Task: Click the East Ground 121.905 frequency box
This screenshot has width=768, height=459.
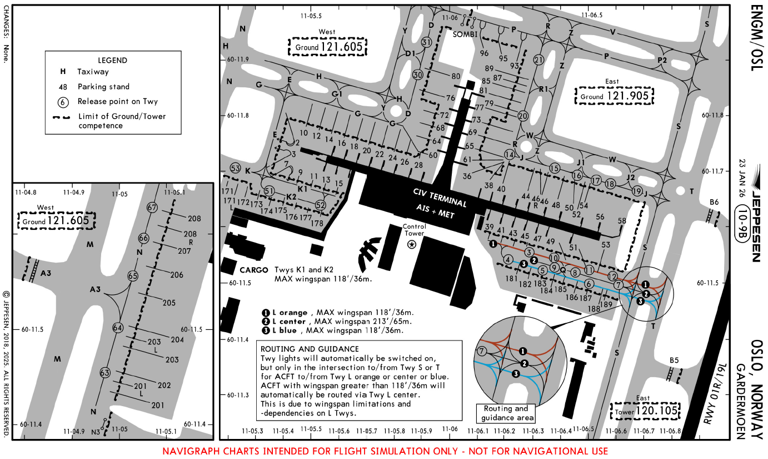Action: click(x=615, y=96)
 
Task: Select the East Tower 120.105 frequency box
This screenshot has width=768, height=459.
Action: click(x=646, y=411)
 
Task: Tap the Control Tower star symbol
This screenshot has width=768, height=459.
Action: click(x=412, y=244)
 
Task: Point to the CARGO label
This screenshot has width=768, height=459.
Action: click(x=254, y=270)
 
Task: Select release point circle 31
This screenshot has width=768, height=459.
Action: click(x=427, y=42)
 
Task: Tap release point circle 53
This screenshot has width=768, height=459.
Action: click(x=236, y=168)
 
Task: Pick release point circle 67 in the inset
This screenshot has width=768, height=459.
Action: click(x=153, y=207)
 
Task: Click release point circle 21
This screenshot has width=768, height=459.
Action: click(x=538, y=60)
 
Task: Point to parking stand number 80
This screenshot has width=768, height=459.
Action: click(x=456, y=76)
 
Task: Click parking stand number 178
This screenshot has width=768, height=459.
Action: click(x=317, y=223)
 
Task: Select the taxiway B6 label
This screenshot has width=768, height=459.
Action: click(x=714, y=201)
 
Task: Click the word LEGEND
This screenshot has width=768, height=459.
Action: click(x=112, y=60)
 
